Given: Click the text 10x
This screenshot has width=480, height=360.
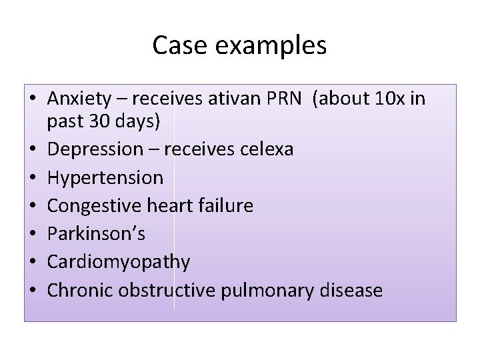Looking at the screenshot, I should pyautogui.click(x=387, y=100).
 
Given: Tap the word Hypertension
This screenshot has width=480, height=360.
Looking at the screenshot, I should pyautogui.click(x=105, y=177).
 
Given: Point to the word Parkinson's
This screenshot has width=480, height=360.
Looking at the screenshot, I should pyautogui.click(x=96, y=234).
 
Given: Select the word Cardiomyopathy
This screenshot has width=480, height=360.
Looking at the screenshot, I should pyautogui.click(x=119, y=263).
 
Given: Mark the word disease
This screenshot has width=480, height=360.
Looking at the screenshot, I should pyautogui.click(x=353, y=291).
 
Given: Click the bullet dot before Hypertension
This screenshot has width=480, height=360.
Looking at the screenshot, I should pyautogui.click(x=34, y=178).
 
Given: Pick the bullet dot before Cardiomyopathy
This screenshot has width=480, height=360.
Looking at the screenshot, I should pyautogui.click(x=34, y=263).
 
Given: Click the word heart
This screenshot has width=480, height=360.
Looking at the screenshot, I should pyautogui.click(x=175, y=205).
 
